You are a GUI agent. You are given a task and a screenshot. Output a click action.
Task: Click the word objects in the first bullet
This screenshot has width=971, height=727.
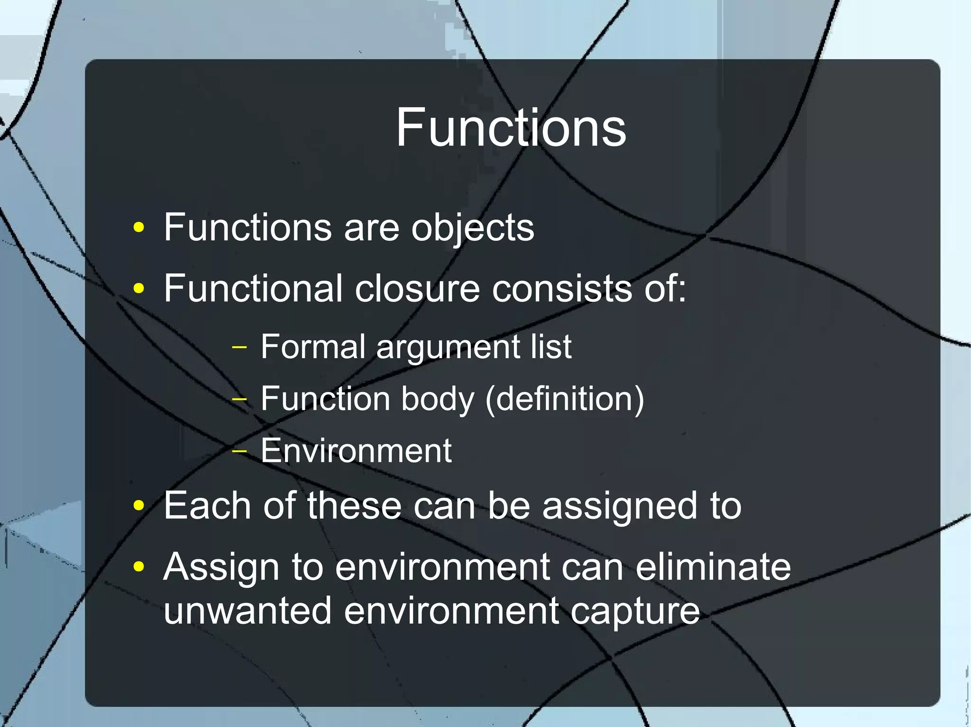click(472, 228)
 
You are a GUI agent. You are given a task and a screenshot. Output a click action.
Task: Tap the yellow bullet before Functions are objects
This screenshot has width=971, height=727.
click(138, 228)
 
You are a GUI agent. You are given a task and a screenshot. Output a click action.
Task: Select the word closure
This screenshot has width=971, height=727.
click(417, 288)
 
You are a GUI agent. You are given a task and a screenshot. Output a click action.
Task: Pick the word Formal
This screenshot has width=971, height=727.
click(313, 347)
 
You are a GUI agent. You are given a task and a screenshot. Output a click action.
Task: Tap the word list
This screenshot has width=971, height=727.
click(551, 347)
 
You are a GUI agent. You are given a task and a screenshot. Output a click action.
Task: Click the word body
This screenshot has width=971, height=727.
click(437, 399)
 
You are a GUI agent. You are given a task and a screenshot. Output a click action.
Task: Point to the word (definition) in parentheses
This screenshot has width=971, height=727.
click(565, 399)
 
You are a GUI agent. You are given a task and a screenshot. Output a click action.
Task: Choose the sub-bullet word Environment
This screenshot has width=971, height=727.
click(356, 451)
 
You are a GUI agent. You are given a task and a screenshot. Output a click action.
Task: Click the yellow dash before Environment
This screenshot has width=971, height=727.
click(240, 451)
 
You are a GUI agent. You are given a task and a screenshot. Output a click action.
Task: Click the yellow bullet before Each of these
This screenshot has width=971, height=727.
click(138, 505)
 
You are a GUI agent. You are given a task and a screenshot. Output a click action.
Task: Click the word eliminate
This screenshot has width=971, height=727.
click(713, 567)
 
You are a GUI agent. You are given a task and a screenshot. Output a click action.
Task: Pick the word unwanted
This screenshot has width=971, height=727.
click(247, 611)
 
